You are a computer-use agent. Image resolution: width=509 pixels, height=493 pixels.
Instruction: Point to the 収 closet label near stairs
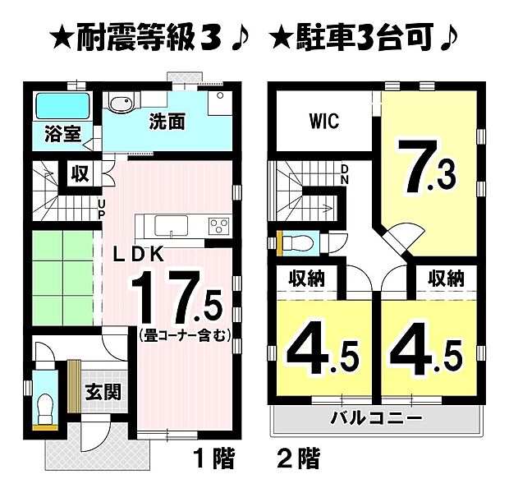79,174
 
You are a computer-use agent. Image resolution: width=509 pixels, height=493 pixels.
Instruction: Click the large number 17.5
177,300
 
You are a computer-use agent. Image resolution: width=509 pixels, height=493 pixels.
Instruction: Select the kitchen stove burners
219,224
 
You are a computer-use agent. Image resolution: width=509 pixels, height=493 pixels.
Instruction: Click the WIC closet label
324,121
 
